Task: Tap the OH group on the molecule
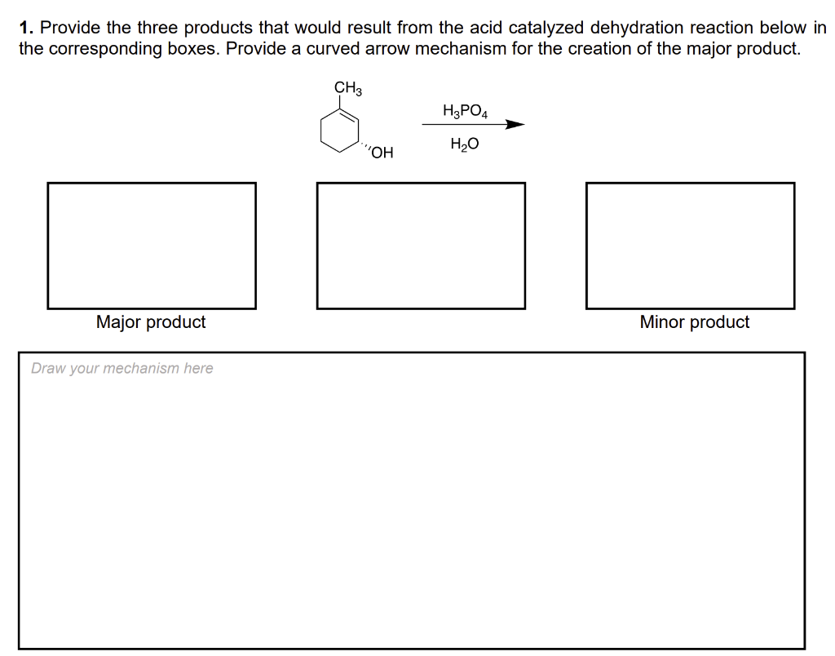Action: click(x=382, y=153)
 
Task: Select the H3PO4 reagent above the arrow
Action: click(x=465, y=111)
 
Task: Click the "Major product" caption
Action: click(x=151, y=322)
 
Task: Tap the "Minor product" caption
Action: click(x=694, y=322)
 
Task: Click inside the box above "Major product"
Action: click(x=152, y=246)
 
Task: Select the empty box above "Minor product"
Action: click(x=690, y=246)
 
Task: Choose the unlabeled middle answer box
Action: click(x=421, y=246)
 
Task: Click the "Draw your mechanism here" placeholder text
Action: click(x=122, y=368)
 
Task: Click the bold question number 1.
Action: click(x=25, y=28)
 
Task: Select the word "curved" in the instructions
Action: click(x=333, y=48)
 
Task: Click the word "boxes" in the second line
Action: click(x=193, y=48)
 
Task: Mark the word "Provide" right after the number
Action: click(x=67, y=28)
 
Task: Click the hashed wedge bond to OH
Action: click(x=364, y=146)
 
